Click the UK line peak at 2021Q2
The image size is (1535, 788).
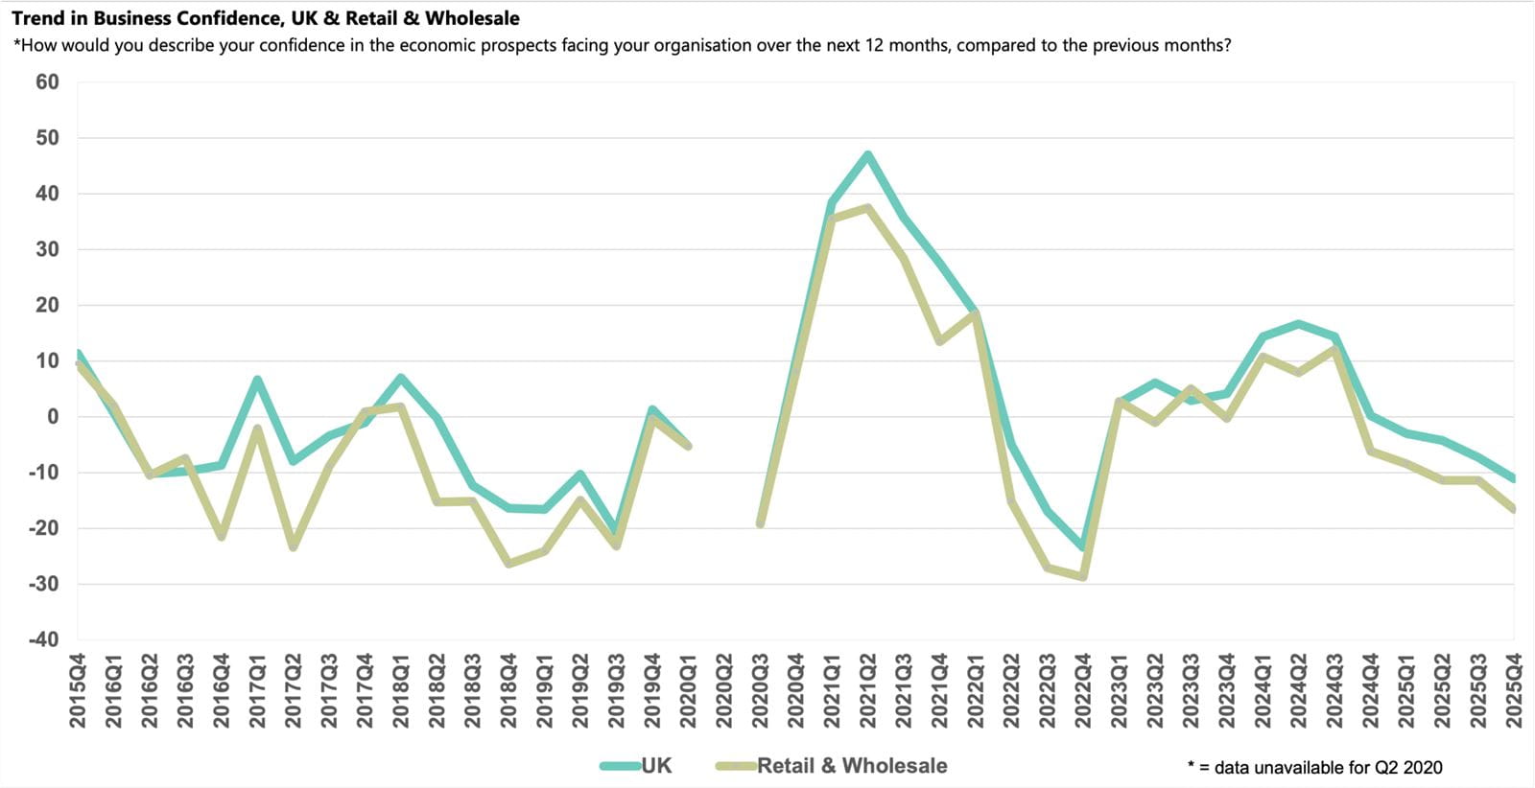coord(868,154)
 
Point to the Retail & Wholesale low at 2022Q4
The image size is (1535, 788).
coord(1083,577)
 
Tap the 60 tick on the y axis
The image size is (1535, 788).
coord(48,82)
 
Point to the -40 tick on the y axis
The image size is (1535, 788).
coord(44,639)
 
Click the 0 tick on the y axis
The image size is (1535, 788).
coord(53,417)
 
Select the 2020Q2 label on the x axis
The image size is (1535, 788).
coord(724,690)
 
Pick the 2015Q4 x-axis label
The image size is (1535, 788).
coord(78,690)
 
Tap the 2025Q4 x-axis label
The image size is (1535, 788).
coord(1514,690)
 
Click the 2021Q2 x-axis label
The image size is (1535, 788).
coord(868,690)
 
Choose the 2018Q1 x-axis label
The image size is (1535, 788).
coord(401,690)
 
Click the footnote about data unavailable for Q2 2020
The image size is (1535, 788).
coord(1314,767)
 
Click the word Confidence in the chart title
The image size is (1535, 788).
coord(229,18)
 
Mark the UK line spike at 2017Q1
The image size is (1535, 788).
coord(257,379)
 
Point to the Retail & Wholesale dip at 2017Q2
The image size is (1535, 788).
coord(294,547)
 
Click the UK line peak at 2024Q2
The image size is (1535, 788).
coord(1299,323)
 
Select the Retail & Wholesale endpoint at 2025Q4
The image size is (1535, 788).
coord(1513,510)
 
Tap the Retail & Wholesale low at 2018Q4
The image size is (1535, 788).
coord(508,564)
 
